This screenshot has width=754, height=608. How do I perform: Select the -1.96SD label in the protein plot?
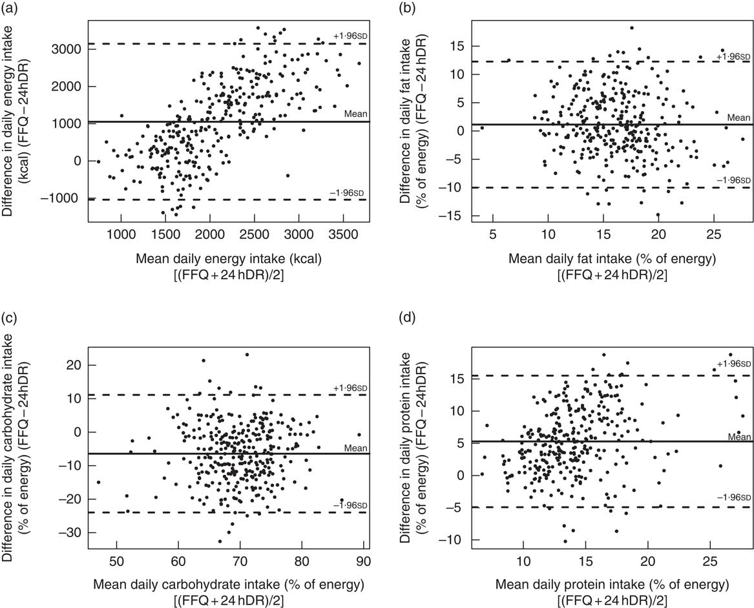(733, 498)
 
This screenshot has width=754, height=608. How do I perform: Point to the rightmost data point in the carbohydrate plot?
(359, 434)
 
